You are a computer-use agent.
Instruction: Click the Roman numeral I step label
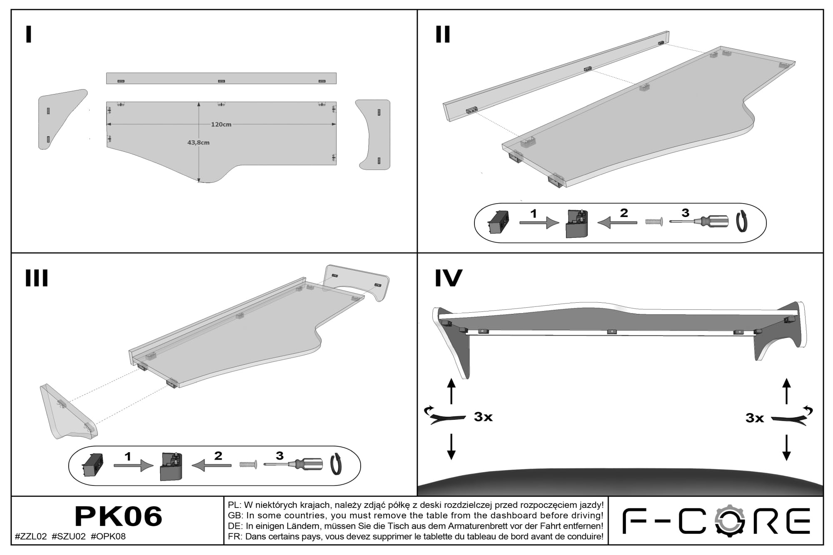(29, 35)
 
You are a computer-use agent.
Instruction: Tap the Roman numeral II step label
(443, 35)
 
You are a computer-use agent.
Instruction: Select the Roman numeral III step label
(37, 278)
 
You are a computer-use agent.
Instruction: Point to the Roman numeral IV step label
(449, 278)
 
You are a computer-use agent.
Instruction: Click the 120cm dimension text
(221, 124)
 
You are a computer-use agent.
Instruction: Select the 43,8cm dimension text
(198, 142)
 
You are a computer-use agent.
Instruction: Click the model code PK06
(118, 516)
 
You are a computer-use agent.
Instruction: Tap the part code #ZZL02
(31, 536)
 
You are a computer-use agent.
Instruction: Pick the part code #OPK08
(108, 536)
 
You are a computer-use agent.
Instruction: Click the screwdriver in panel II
(699, 222)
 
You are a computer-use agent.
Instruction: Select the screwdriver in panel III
(293, 464)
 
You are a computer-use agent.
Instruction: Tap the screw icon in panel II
(654, 222)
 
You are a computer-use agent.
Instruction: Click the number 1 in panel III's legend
(128, 457)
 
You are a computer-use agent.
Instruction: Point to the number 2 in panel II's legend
(624, 213)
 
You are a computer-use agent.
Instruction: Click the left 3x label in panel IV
(483, 417)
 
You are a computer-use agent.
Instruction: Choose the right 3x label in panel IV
(755, 418)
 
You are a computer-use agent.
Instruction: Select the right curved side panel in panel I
(373, 134)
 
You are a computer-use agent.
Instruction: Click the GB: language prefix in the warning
(236, 515)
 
